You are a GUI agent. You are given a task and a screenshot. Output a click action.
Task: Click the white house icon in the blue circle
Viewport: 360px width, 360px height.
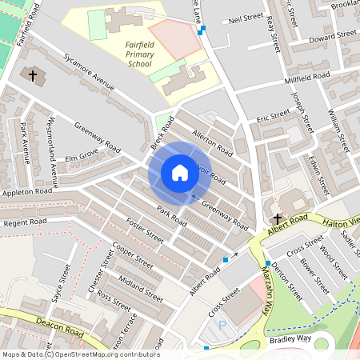(179, 172)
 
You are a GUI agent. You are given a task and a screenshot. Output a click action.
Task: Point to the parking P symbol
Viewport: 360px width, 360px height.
(222, 326)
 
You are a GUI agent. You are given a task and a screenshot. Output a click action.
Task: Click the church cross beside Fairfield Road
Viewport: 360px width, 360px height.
(33, 76)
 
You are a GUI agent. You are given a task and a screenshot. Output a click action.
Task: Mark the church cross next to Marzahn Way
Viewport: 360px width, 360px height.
(277, 218)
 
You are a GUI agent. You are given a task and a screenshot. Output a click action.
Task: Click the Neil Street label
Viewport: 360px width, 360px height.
(246, 17)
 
